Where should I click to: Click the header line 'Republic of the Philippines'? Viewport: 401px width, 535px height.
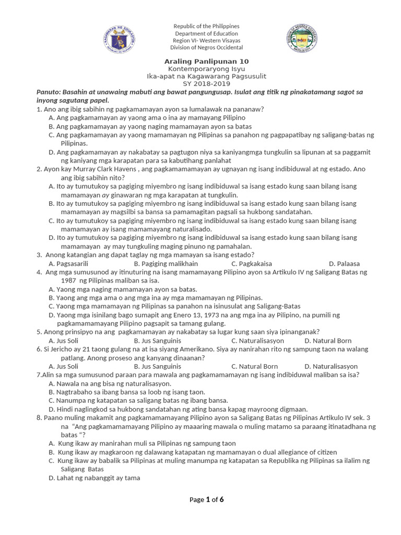206,26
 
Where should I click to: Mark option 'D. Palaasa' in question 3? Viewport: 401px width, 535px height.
344,263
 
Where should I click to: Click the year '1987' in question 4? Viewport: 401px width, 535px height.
69,281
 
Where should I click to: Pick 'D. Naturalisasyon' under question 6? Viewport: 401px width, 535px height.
331,366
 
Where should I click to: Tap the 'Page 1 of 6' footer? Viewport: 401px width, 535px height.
207,499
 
